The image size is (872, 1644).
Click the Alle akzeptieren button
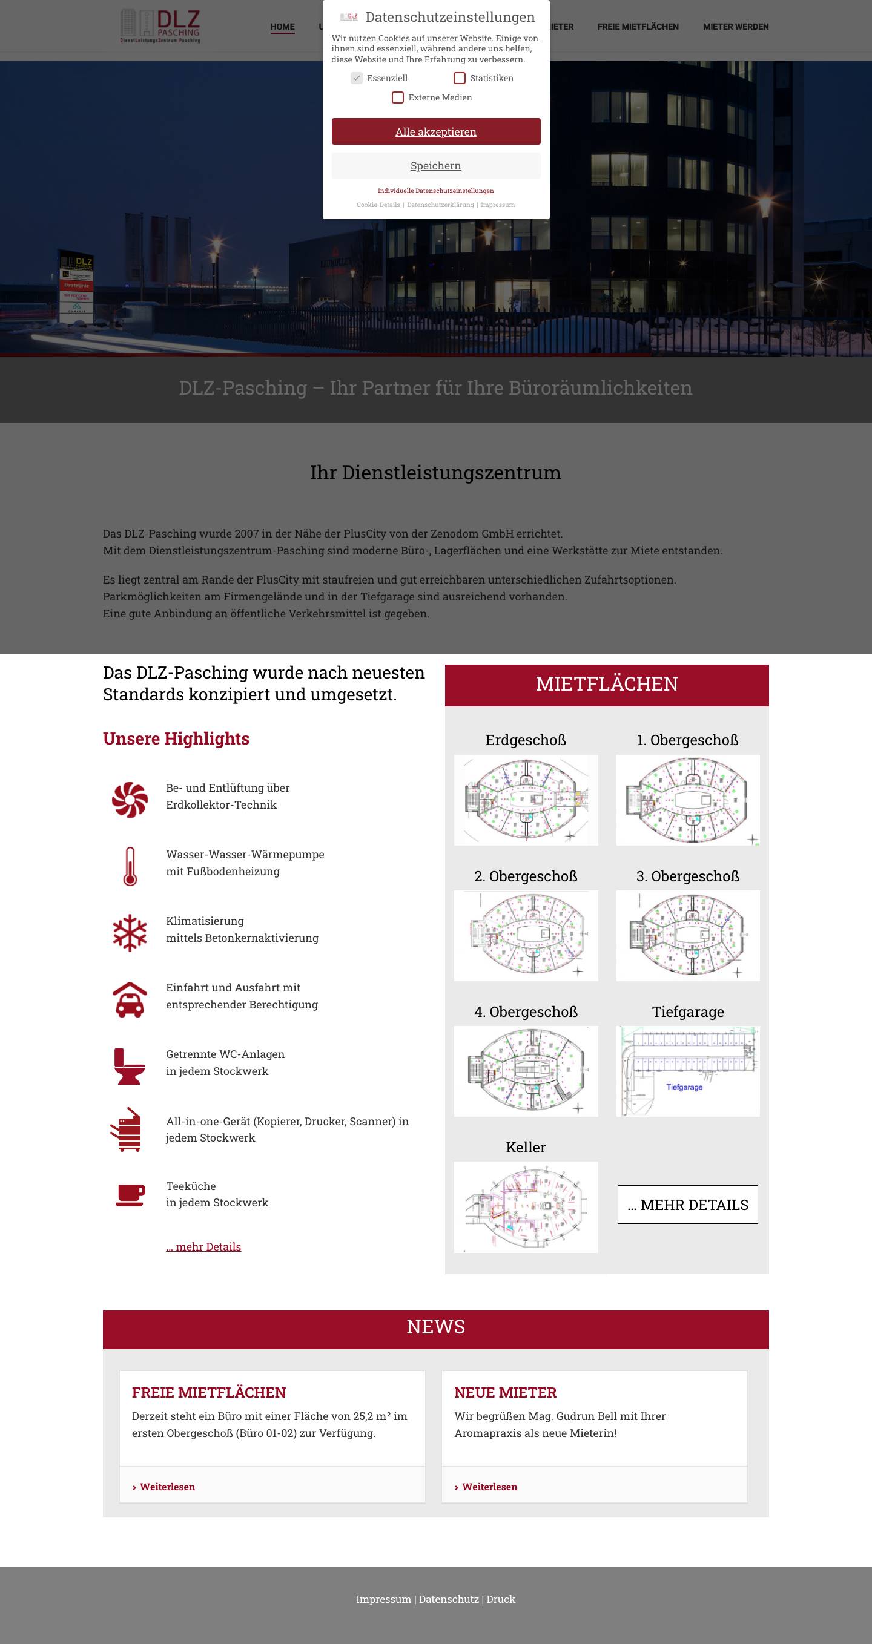(x=435, y=131)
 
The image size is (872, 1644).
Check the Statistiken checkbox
(x=459, y=78)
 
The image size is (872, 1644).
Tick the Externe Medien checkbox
(x=398, y=97)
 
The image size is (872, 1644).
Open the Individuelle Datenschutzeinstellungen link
(x=435, y=191)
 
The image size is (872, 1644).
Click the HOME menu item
(x=282, y=27)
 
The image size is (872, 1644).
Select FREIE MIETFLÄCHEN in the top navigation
(x=638, y=27)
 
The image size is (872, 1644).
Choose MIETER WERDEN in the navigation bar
(x=735, y=27)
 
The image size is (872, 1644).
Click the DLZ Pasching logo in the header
(x=160, y=26)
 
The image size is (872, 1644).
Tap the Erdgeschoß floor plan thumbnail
(x=526, y=800)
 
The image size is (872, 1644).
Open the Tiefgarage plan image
(x=687, y=1071)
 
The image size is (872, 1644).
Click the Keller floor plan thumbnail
(x=526, y=1206)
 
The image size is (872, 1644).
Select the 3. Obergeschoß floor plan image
(x=687, y=935)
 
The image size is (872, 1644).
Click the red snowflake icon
(x=130, y=932)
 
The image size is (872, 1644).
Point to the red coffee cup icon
(x=130, y=1195)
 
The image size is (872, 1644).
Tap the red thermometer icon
(x=130, y=866)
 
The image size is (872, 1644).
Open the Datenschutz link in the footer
(x=448, y=1599)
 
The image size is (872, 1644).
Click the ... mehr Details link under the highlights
(x=203, y=1246)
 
